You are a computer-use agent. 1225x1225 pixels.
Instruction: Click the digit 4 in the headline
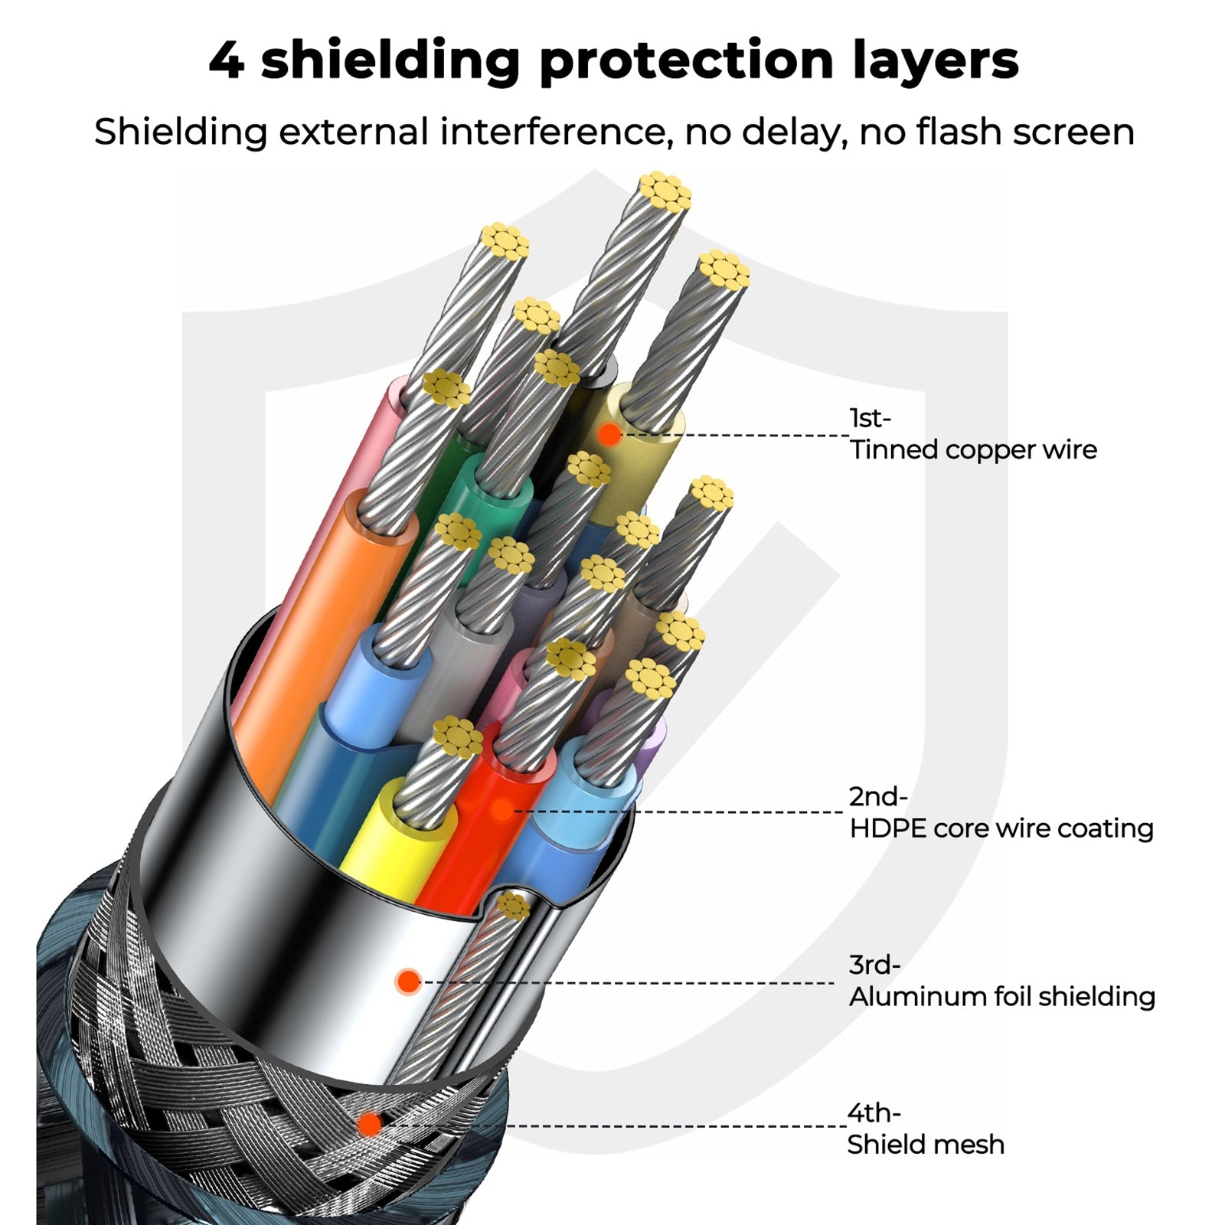pyautogui.click(x=227, y=60)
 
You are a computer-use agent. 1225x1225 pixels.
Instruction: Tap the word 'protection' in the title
pyautogui.click(x=686, y=62)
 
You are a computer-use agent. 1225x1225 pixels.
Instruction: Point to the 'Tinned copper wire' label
pyautogui.click(x=973, y=449)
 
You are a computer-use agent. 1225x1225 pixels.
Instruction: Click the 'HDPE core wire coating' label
pyautogui.click(x=1001, y=828)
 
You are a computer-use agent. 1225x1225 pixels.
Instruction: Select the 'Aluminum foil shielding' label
pyautogui.click(x=1001, y=996)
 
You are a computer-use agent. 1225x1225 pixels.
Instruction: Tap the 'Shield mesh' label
pyautogui.click(x=925, y=1144)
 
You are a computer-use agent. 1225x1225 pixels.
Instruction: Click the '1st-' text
pyautogui.click(x=871, y=418)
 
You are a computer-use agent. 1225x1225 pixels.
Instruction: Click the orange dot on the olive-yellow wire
pyautogui.click(x=609, y=434)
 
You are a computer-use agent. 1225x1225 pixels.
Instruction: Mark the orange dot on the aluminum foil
pyautogui.click(x=408, y=981)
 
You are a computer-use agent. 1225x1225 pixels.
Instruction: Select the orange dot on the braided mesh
pyautogui.click(x=370, y=1124)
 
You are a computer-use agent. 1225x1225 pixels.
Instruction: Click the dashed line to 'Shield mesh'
pyautogui.click(x=674, y=1125)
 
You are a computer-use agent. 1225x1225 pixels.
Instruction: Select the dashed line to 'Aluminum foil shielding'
pyautogui.click(x=628, y=982)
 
